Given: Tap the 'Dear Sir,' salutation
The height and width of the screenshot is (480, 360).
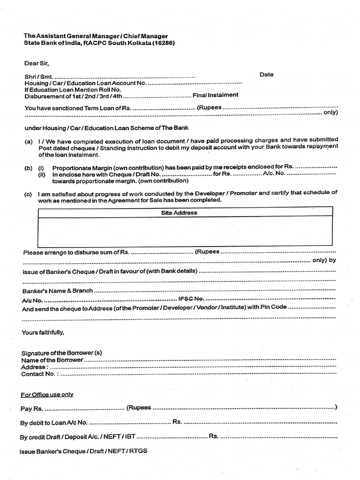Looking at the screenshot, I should pos(37,63).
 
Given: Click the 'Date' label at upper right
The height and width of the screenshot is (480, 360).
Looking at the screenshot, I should pos(266,75).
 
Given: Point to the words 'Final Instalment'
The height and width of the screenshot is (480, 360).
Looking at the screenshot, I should pos(216,95).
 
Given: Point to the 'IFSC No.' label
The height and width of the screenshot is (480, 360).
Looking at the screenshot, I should pos(191,299).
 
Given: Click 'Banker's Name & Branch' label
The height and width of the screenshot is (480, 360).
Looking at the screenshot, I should pos(57,291).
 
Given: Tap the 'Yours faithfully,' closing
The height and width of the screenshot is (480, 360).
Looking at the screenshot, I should pos(43,333).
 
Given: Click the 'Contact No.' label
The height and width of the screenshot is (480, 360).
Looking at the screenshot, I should pos(38,374).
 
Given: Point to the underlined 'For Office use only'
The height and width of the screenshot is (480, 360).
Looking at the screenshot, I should pos(47,395).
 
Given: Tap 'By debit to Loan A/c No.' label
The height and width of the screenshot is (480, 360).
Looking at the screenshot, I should pos(53,423).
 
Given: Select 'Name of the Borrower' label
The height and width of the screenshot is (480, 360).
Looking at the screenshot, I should pos(52,360).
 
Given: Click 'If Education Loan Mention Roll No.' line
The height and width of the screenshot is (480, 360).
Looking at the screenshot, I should pos(73,90).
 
